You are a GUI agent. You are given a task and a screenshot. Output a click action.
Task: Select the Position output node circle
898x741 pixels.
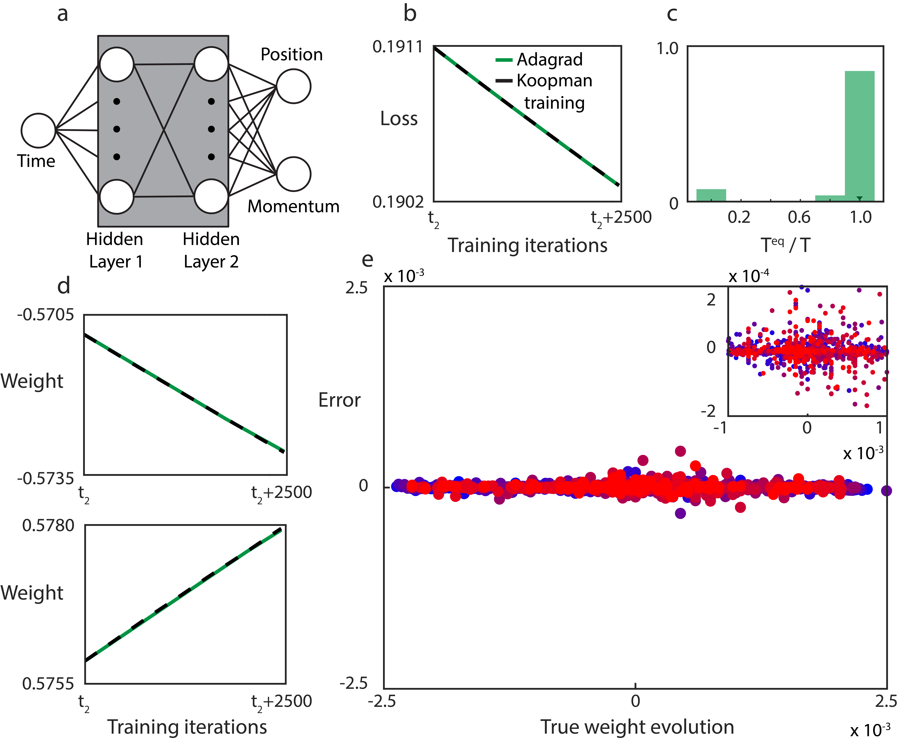[293, 86]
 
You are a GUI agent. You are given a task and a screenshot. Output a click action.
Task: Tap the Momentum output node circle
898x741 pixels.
[293, 174]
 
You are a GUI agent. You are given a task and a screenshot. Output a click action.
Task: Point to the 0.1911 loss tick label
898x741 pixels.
[398, 47]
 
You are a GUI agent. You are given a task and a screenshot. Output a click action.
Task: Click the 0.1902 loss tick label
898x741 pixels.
[398, 202]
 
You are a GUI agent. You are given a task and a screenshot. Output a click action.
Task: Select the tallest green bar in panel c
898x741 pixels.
[859, 136]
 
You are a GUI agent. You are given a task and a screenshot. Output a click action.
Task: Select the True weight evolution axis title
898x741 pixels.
[637, 727]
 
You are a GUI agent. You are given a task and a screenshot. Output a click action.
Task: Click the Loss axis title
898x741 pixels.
[399, 119]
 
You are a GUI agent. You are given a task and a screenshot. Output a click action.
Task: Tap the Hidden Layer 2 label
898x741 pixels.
[211, 250]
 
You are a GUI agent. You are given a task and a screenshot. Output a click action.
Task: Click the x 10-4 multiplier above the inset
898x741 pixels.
[749, 276]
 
